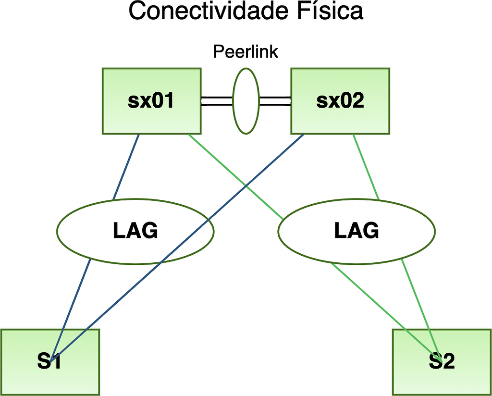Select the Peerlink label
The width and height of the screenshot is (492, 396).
[246, 52]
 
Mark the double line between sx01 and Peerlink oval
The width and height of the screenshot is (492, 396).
[217, 101]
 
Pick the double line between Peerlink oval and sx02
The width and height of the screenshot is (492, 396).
[275, 101]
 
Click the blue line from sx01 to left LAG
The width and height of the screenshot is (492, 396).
[126, 166]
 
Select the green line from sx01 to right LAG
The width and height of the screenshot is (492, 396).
[235, 176]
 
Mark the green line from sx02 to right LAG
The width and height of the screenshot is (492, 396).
[366, 167]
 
